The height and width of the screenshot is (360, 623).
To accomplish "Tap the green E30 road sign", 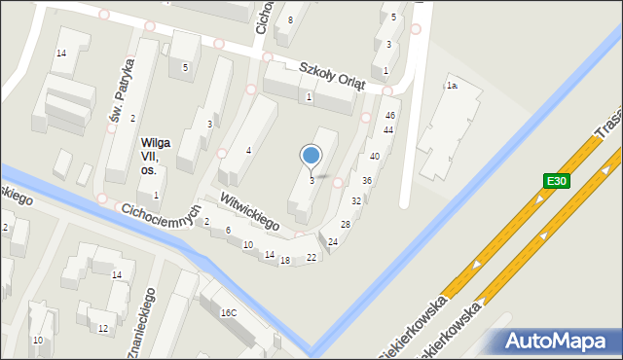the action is pyautogui.click(x=555, y=180).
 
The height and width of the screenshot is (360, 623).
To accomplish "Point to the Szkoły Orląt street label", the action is pyautogui.click(x=332, y=75).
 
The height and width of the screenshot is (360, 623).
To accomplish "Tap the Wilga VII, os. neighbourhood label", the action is pyautogui.click(x=155, y=156).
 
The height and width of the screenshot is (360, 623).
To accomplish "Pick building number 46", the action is pyautogui.click(x=389, y=116).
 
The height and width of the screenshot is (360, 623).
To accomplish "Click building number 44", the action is pyautogui.click(x=388, y=130).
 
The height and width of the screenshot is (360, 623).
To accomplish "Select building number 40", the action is pyautogui.click(x=375, y=157).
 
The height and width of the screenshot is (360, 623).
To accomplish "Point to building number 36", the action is pyautogui.click(x=367, y=181).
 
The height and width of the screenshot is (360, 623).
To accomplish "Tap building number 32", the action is pyautogui.click(x=356, y=201).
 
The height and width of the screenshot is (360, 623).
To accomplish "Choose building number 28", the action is pyautogui.click(x=346, y=225).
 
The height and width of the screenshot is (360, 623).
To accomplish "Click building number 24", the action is pyautogui.click(x=333, y=241).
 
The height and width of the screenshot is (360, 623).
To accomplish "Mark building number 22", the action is pyautogui.click(x=311, y=257).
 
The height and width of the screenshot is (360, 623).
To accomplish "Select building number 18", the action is pyautogui.click(x=285, y=261).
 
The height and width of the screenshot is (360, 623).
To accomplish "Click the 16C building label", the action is pyautogui.click(x=228, y=312).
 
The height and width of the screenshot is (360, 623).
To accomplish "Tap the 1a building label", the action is pyautogui.click(x=452, y=87).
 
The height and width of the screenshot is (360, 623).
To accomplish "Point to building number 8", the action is pyautogui.click(x=290, y=20).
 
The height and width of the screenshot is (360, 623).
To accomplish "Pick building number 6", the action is pyautogui.click(x=228, y=231).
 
